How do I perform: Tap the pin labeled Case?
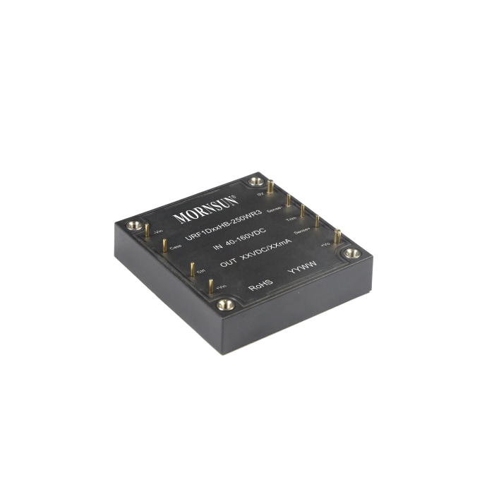(x=164, y=245)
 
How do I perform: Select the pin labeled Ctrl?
(x=192, y=269)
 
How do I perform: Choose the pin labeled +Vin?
(x=210, y=284)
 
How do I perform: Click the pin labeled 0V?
(x=270, y=187)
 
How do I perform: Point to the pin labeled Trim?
(x=303, y=210)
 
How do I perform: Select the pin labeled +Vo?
(x=337, y=236)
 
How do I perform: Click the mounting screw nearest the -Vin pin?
(x=131, y=226)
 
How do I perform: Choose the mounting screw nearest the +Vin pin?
(x=225, y=305)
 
